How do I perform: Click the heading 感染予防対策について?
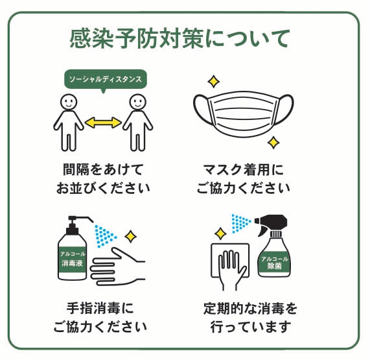(x=179, y=39)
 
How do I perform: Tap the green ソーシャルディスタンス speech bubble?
(x=106, y=79)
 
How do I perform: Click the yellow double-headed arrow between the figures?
(x=103, y=123)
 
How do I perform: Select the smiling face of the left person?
(x=69, y=102)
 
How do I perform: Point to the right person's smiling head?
(x=138, y=102)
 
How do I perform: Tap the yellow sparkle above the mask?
(x=214, y=82)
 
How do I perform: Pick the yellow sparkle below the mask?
(x=273, y=143)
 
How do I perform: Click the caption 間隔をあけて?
(x=103, y=169)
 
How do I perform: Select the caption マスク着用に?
(x=244, y=169)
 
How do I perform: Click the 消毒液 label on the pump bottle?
(x=72, y=263)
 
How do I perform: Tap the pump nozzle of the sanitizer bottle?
(x=81, y=219)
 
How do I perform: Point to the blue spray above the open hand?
(x=105, y=236)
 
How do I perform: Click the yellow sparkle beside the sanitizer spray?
(x=130, y=236)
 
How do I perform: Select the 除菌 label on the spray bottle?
(x=275, y=266)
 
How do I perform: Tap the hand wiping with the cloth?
(x=231, y=270)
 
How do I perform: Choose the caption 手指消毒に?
(x=100, y=308)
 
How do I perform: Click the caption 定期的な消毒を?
(x=250, y=308)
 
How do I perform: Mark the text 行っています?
(x=251, y=327)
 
